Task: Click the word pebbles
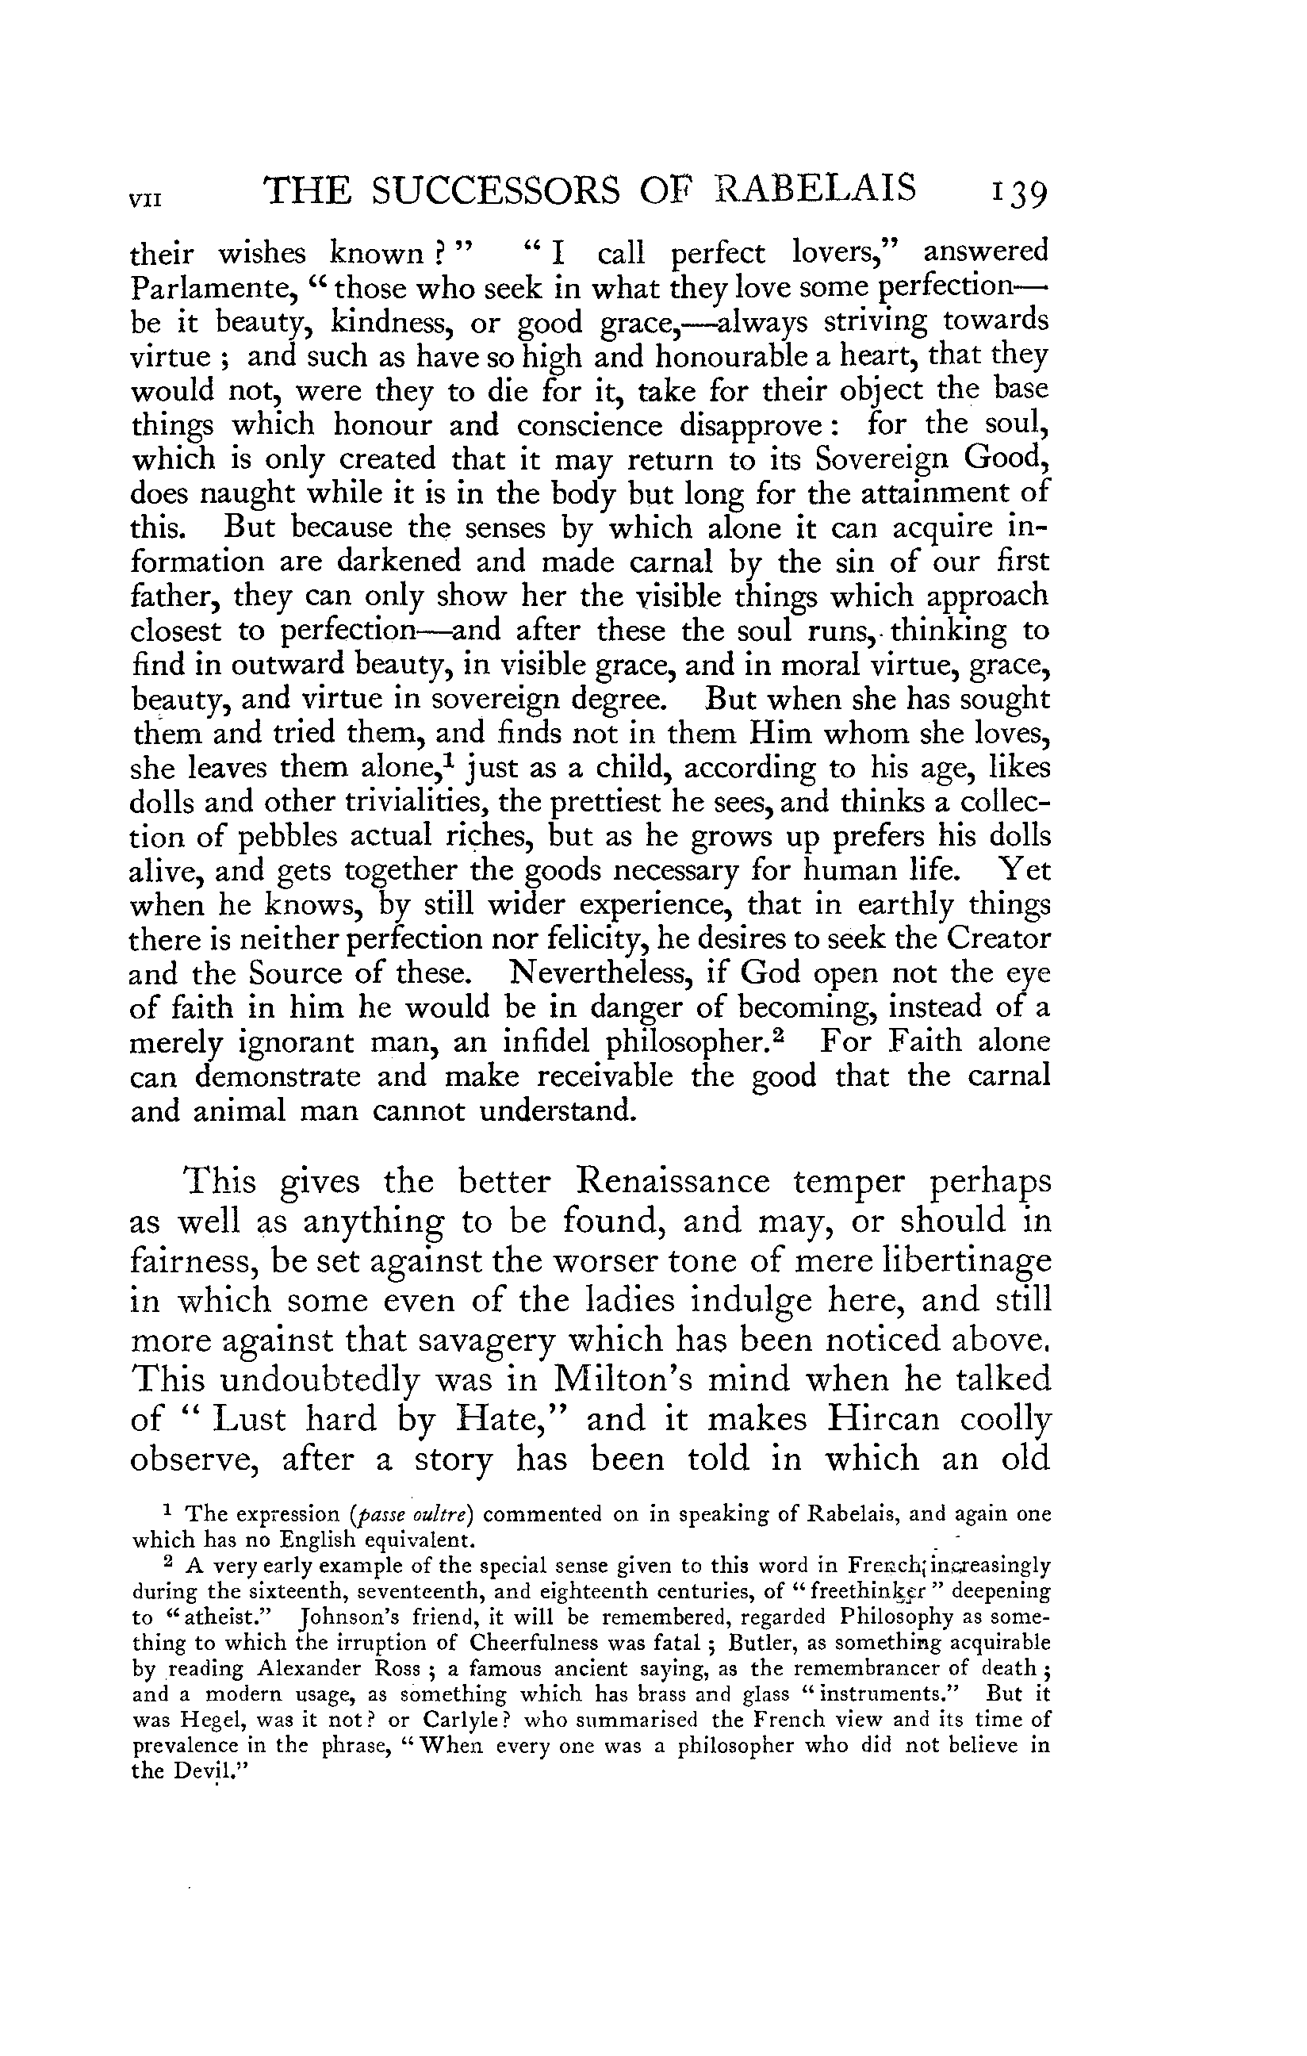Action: click(283, 837)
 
